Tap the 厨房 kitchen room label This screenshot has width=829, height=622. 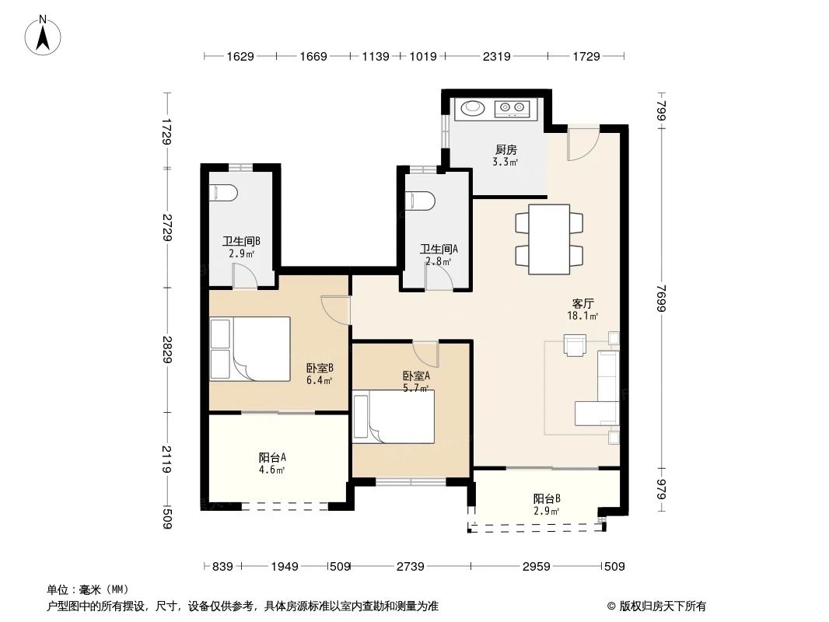(x=505, y=150)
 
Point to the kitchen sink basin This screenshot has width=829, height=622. (x=472, y=109)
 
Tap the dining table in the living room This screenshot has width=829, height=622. (x=549, y=239)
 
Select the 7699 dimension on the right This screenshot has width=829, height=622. (x=661, y=299)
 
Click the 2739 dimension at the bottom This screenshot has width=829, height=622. (x=409, y=566)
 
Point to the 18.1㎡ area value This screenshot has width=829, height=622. (x=582, y=316)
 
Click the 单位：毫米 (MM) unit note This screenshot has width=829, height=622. (x=88, y=589)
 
